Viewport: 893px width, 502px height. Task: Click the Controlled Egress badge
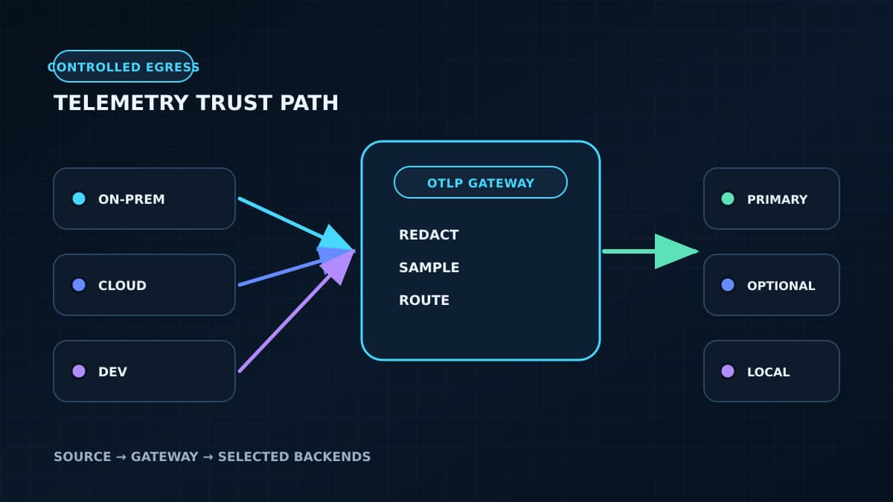tap(124, 66)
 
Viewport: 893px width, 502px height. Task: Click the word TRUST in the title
tap(233, 103)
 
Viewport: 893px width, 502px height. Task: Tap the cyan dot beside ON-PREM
tap(79, 199)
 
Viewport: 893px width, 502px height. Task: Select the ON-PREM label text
tap(131, 199)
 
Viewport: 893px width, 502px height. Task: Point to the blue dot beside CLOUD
tap(79, 285)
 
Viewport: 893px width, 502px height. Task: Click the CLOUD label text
tap(122, 286)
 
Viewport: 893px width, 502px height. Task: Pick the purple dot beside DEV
tap(79, 371)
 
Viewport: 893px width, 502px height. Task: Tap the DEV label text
tap(112, 372)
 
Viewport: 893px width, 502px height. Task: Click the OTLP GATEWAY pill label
tap(481, 183)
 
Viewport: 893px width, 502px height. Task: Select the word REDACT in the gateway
tap(429, 235)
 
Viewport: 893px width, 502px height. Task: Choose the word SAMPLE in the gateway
tap(429, 268)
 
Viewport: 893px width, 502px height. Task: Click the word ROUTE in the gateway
tap(423, 300)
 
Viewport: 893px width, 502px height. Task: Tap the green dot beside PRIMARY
tap(728, 199)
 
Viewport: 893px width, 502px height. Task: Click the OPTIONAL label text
tap(781, 286)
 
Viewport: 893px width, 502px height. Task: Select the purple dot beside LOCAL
tap(728, 371)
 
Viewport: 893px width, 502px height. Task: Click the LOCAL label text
tap(768, 372)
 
